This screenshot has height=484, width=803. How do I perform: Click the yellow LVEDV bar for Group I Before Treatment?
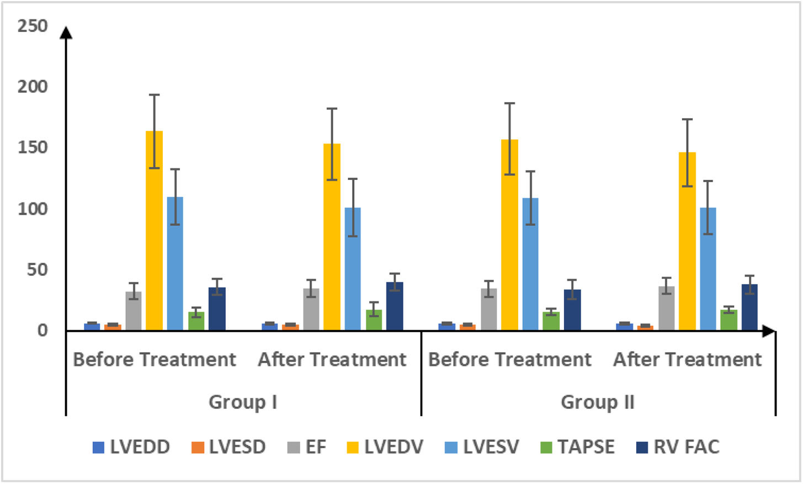[154, 231]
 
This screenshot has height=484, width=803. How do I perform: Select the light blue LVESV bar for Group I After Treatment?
[353, 269]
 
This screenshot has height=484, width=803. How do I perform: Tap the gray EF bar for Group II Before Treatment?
[489, 310]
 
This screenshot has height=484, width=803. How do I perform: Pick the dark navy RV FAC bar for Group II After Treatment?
[749, 307]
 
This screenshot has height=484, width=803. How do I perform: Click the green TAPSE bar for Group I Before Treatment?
[196, 321]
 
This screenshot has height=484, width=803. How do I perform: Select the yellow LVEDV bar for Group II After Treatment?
[687, 241]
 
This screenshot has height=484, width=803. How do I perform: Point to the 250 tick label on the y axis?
[33, 26]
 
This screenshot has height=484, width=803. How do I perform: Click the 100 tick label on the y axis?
[33, 209]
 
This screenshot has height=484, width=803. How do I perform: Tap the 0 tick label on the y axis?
[42, 331]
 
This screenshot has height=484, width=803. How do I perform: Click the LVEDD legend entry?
[131, 447]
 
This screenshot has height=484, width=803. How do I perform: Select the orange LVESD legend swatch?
[198, 448]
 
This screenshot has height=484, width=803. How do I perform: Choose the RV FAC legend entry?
[678, 447]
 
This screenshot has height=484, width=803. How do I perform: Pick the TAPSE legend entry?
[577, 447]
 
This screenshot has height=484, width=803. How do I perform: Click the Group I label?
[243, 402]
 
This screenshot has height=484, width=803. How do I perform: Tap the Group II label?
[598, 402]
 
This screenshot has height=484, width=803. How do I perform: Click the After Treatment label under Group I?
[332, 360]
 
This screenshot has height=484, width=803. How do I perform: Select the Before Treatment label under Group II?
[510, 360]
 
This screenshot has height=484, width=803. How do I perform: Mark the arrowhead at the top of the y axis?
[66, 33]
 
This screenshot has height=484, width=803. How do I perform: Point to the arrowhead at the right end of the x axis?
[769, 331]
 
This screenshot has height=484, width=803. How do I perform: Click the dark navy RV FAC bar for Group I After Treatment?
[395, 306]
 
